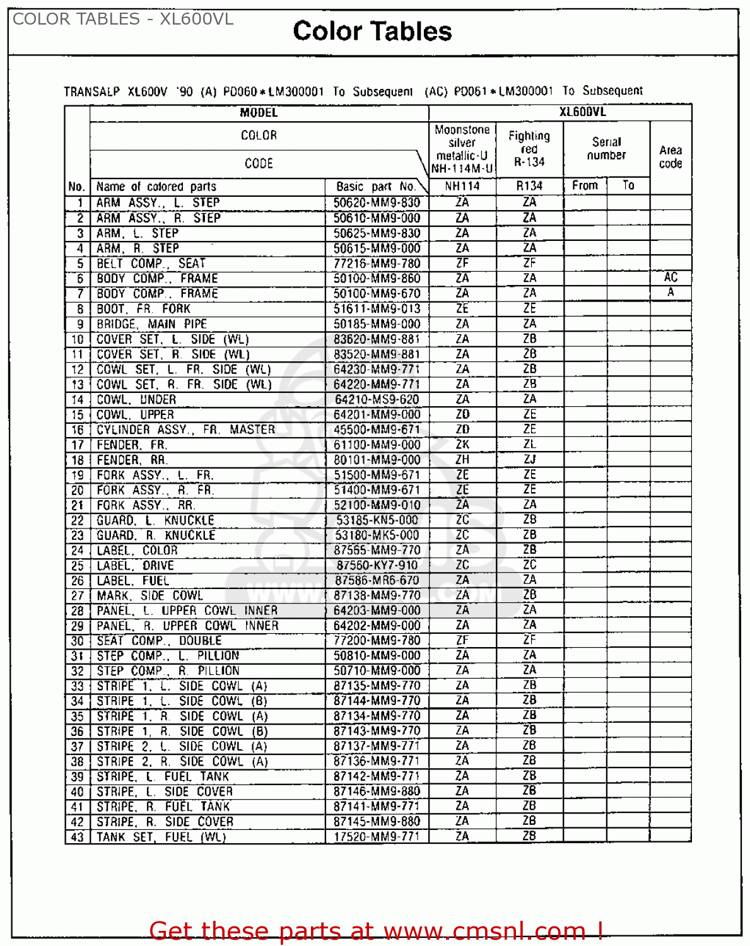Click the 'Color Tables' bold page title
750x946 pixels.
click(x=372, y=32)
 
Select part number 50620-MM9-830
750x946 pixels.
click(x=377, y=202)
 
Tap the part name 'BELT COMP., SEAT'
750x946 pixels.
click(x=151, y=264)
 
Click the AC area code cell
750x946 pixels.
click(x=670, y=277)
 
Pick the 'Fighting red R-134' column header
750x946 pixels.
click(x=529, y=149)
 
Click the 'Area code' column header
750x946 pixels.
click(x=671, y=157)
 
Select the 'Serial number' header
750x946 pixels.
click(x=606, y=149)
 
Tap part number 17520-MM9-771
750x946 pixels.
click(x=377, y=836)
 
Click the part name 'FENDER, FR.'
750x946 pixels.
click(x=132, y=445)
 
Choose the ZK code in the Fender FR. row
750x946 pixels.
click(x=462, y=445)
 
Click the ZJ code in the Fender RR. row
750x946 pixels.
click(x=529, y=460)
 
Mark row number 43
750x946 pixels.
click(x=77, y=837)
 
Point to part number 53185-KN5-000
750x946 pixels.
click(x=377, y=520)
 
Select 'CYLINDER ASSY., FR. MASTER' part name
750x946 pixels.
click(x=185, y=429)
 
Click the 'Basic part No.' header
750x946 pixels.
click(x=376, y=187)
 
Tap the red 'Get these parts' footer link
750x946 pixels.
click(x=376, y=931)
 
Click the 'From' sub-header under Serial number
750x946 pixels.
click(x=585, y=185)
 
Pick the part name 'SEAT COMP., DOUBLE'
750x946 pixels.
click(x=159, y=641)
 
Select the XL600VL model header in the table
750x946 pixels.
click(x=582, y=112)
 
